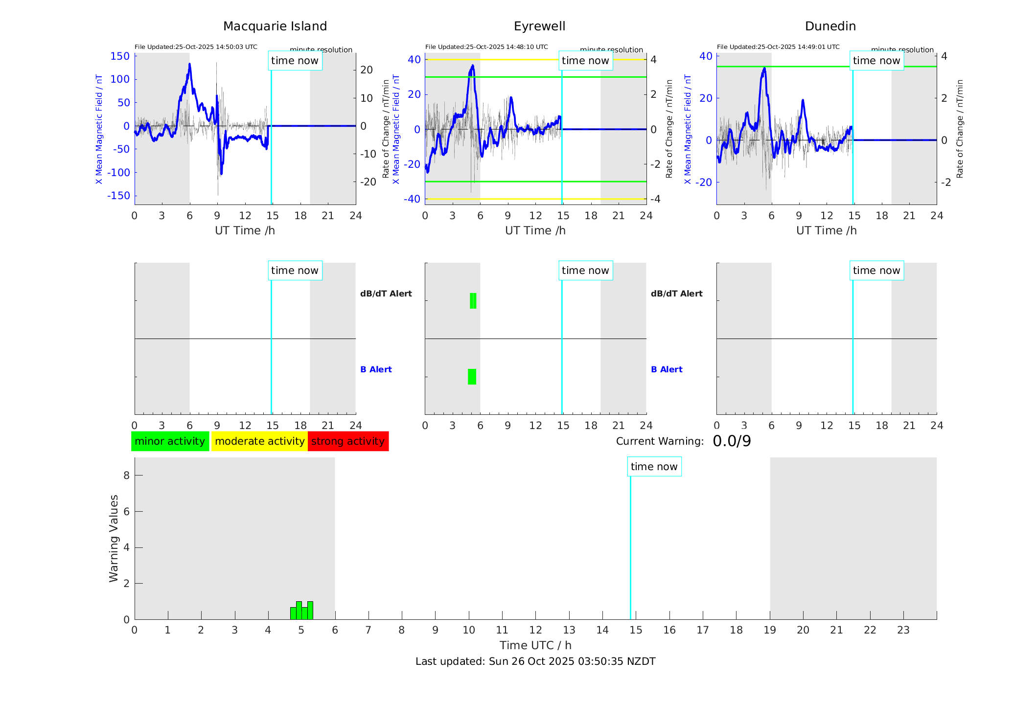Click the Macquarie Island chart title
coord(275,26)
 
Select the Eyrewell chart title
coord(539,26)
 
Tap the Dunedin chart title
coord(830,26)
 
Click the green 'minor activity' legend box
coord(170,441)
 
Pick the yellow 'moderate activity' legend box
coord(259,441)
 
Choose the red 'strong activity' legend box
coord(348,441)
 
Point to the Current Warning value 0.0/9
coord(732,441)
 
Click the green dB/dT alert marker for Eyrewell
coord(473,301)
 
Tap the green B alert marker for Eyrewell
coord(472,377)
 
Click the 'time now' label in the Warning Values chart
coord(654,467)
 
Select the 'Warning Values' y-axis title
coord(114,538)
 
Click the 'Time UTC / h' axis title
coord(535,645)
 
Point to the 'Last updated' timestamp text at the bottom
coord(535,661)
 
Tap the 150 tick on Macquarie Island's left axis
coord(120,56)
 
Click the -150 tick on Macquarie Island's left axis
coord(118,196)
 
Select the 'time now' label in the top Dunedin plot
coord(876,61)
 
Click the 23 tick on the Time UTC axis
coord(903,630)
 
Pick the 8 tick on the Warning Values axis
coord(126,475)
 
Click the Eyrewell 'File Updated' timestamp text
coord(486,47)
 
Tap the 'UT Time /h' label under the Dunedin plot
coord(826,230)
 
